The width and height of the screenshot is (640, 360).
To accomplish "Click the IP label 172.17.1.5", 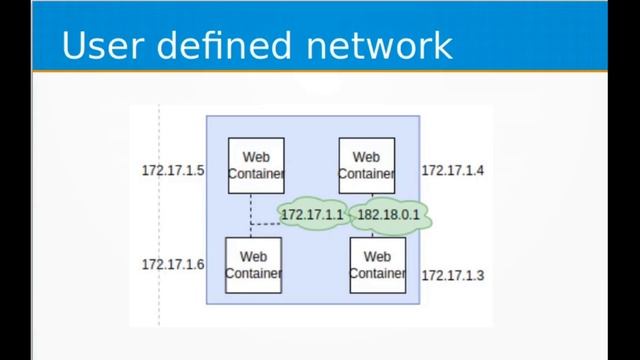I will [172, 171].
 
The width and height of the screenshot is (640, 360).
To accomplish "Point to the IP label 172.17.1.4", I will [452, 171].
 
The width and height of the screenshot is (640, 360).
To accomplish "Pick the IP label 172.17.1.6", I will [172, 265].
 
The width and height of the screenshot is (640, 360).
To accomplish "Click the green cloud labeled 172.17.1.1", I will [312, 215].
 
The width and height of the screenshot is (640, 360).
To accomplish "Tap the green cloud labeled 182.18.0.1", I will [388, 215].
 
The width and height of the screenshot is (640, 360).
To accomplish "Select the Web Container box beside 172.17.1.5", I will [256, 165].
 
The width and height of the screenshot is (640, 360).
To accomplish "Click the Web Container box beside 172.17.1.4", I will [366, 165].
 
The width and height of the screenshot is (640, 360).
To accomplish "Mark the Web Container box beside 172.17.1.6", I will [253, 265].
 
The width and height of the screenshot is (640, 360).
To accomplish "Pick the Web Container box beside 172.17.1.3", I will [377, 265].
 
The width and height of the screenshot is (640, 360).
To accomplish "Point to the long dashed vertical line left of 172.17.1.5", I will [159, 220].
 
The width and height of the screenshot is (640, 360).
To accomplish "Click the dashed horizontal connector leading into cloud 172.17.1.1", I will [264, 223].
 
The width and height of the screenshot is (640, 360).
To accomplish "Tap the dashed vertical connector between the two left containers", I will [250, 208].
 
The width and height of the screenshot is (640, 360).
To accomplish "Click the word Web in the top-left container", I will [256, 157].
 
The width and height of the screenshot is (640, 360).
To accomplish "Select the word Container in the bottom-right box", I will [377, 273].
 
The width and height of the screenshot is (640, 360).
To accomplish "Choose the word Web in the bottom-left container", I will [253, 257].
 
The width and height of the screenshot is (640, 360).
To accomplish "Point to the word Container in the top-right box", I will [366, 173].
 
